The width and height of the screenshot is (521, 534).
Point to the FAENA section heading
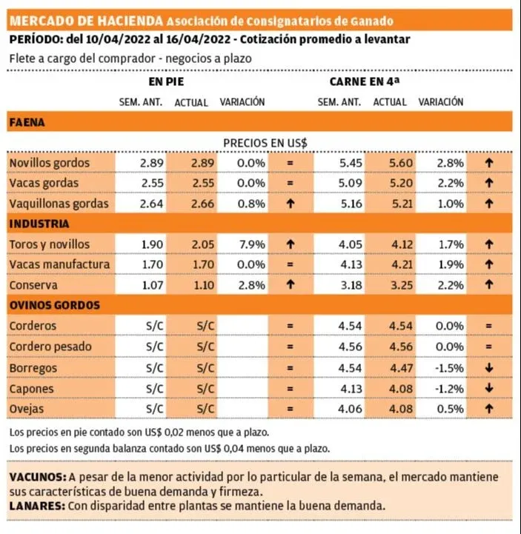(x=27, y=122)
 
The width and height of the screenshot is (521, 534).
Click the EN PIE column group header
(x=166, y=81)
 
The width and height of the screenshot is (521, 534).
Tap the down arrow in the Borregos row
(x=488, y=367)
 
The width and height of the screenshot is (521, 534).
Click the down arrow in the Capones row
(x=488, y=387)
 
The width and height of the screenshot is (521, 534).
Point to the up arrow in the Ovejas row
(x=488, y=407)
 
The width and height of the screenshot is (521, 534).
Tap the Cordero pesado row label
(x=49, y=346)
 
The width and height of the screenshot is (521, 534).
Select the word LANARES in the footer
(x=36, y=507)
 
